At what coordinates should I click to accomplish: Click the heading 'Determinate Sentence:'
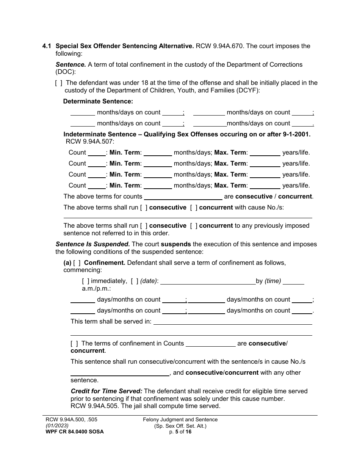(x=98, y=102)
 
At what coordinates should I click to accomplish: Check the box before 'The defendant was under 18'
(x=59, y=83)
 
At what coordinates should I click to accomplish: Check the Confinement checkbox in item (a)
(x=77, y=263)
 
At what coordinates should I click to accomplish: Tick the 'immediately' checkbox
(x=86, y=281)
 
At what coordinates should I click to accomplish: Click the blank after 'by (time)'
(x=294, y=281)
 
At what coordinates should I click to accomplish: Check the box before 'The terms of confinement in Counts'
(x=75, y=344)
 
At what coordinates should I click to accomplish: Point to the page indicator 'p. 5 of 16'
(x=180, y=432)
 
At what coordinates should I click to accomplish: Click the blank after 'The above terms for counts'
(x=183, y=197)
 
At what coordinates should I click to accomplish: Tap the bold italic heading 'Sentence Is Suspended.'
(x=93, y=244)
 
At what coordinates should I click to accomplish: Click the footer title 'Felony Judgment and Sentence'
(x=180, y=419)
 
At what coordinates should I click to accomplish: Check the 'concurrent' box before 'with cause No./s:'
(x=194, y=208)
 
